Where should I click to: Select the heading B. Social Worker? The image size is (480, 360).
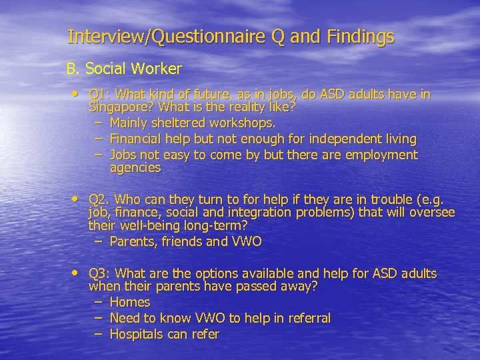(123, 69)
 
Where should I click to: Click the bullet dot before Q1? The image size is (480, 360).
(79, 93)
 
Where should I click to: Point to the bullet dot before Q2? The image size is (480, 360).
(79, 198)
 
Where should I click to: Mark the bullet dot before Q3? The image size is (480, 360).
(79, 273)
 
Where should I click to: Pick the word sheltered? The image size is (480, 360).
(176, 123)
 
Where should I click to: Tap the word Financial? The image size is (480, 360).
(137, 139)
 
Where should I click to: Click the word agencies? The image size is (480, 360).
(135, 168)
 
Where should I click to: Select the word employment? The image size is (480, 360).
(382, 155)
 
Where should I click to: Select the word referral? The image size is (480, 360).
(307, 319)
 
